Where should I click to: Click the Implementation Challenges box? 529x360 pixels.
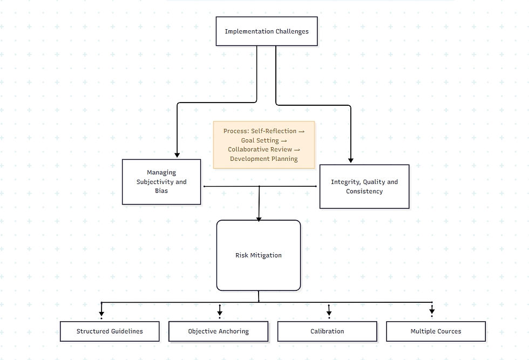(x=267, y=31)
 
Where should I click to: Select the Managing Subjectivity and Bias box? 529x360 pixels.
(x=161, y=182)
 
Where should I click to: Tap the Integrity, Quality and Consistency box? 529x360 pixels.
(x=364, y=187)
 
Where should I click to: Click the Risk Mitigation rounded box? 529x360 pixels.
(x=259, y=255)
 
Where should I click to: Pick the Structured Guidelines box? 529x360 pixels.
(x=110, y=331)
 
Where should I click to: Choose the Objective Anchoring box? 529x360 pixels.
(x=218, y=331)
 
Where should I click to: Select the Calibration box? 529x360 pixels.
(x=327, y=331)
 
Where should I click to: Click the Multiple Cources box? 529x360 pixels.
(x=436, y=331)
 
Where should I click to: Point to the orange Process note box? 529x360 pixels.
(x=264, y=145)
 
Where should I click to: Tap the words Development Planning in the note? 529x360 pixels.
(x=264, y=159)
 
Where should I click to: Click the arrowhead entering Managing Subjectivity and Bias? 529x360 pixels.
(x=177, y=155)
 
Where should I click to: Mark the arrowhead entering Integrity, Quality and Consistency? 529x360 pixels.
(x=351, y=160)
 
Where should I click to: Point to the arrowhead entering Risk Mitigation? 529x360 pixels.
(x=259, y=218)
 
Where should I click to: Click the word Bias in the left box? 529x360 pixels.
(x=161, y=191)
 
